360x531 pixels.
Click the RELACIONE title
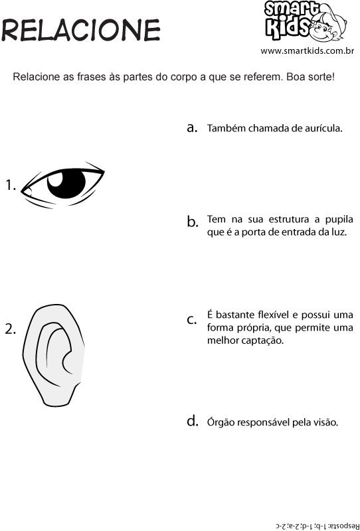[80, 30]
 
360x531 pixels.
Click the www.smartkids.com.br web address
[307, 51]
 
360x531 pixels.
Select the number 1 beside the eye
[11, 185]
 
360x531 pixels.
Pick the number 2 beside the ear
[11, 329]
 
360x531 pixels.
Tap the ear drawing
[54, 355]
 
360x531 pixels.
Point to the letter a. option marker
[192, 127]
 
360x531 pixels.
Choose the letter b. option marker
[192, 222]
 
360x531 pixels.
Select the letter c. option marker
[192, 320]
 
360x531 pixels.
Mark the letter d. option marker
[192, 421]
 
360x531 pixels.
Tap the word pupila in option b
[339, 220]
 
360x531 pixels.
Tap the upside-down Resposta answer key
[317, 525]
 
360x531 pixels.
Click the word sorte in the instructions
[321, 77]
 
